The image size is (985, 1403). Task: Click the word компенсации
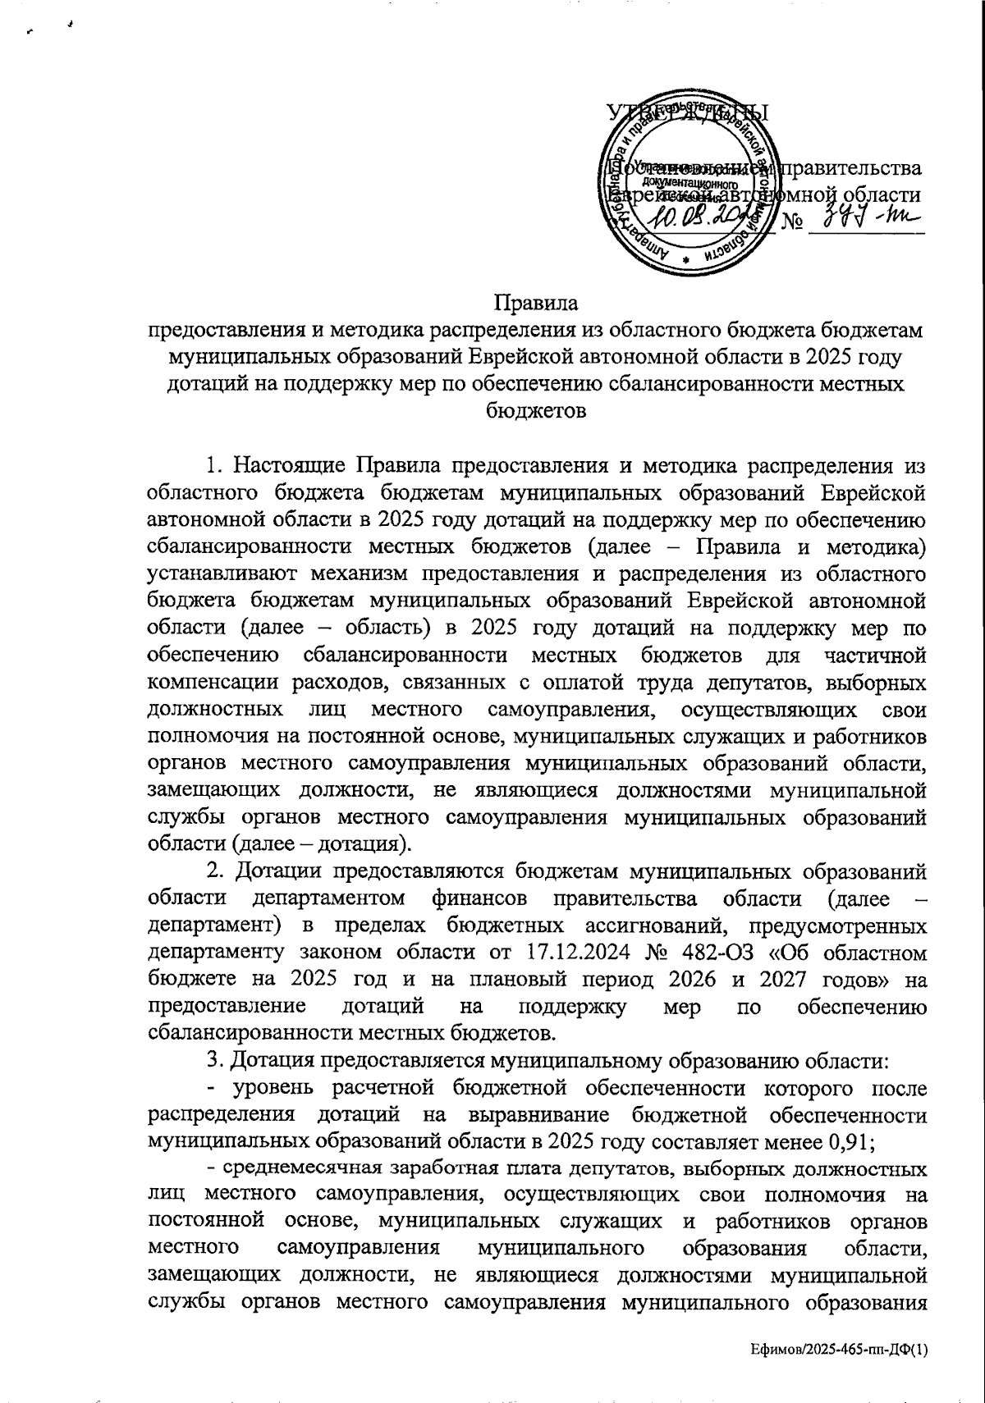[x=213, y=683]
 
